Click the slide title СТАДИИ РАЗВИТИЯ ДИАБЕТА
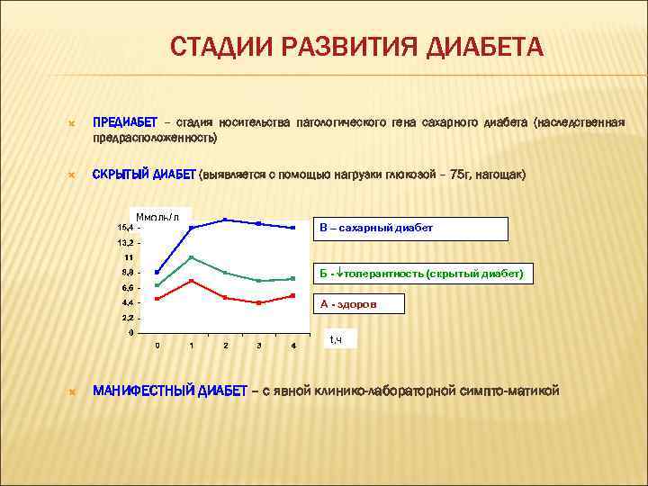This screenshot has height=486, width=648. [356, 46]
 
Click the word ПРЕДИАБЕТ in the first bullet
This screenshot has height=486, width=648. [125, 121]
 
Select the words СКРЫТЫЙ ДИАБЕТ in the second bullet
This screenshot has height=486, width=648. [144, 174]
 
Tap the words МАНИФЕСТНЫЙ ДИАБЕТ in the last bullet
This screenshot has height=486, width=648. [170, 391]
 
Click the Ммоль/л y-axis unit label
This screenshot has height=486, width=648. [157, 217]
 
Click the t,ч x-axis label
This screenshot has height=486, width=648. [337, 339]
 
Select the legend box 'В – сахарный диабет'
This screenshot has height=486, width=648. [410, 229]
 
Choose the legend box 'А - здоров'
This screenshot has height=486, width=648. [359, 304]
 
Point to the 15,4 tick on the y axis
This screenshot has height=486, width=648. [123, 228]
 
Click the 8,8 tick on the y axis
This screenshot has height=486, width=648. [126, 273]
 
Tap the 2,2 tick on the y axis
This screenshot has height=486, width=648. [126, 318]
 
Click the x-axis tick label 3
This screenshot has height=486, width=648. [259, 346]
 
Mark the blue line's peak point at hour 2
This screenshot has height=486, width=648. [225, 220]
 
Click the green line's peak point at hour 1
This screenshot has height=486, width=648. [191, 257]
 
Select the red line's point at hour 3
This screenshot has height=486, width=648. [259, 303]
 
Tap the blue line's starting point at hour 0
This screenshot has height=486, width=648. [157, 272]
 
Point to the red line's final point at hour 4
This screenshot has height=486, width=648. [293, 295]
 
